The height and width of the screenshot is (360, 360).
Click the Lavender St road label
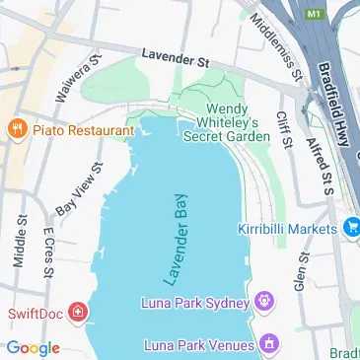pyautogui.click(x=176, y=61)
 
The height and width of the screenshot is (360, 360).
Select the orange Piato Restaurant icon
pyautogui.click(x=16, y=129)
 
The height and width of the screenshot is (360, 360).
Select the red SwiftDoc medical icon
pyautogui.click(x=77, y=315)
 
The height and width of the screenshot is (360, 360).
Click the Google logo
pyautogui.click(x=33, y=347)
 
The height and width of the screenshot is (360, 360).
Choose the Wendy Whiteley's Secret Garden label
pyautogui.click(x=227, y=122)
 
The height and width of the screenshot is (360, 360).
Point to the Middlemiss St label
pyautogui.click(x=276, y=44)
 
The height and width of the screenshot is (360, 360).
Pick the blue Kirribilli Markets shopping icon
pyautogui.click(x=349, y=228)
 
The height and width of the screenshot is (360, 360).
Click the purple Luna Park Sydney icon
pyautogui.click(x=263, y=300)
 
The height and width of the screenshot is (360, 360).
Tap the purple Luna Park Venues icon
pyautogui.click(x=268, y=345)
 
